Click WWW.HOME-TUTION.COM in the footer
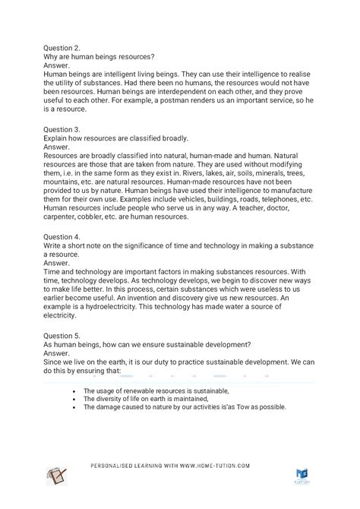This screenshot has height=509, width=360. coord(212,466)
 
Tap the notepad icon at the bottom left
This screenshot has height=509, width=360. coord(55,476)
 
